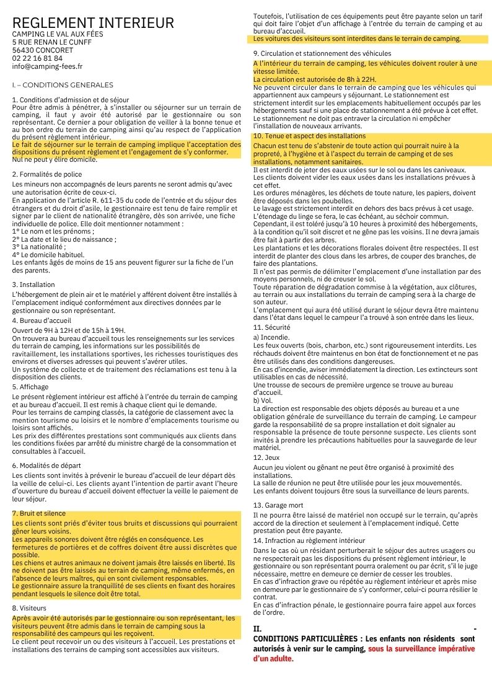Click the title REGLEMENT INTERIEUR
(93, 24)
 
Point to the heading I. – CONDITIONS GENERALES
(63, 85)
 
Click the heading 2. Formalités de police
(47, 175)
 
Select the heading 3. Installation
(33, 284)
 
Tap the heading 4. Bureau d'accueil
(42, 320)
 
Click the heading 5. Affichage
(30, 387)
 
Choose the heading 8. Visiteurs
(29, 609)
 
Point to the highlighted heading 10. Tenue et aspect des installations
(309, 136)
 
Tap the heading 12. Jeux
(267, 457)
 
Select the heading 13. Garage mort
(280, 505)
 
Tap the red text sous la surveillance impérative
(421, 648)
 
